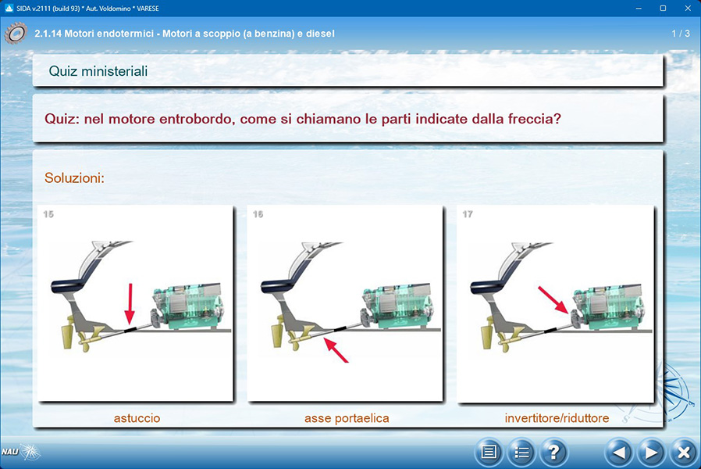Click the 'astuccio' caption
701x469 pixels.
(x=137, y=418)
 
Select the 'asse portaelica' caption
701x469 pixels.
(x=347, y=418)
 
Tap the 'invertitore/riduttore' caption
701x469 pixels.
(x=557, y=418)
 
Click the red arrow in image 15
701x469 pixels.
(x=130, y=303)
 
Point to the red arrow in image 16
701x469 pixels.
(x=336, y=350)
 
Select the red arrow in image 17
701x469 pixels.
(x=553, y=300)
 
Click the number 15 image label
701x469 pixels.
(x=48, y=214)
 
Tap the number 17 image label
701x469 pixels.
(x=468, y=214)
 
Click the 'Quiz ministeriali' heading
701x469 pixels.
(x=98, y=71)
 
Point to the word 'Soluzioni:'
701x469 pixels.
(x=74, y=178)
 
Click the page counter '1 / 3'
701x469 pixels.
(x=681, y=34)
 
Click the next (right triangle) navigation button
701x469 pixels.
(x=651, y=453)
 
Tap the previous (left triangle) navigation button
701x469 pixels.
(x=618, y=453)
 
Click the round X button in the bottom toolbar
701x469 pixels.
(x=683, y=453)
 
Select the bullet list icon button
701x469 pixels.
(x=521, y=453)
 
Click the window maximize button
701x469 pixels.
(x=663, y=8)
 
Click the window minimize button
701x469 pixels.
(x=639, y=8)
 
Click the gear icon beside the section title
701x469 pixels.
(x=16, y=34)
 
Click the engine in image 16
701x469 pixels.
(x=397, y=307)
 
